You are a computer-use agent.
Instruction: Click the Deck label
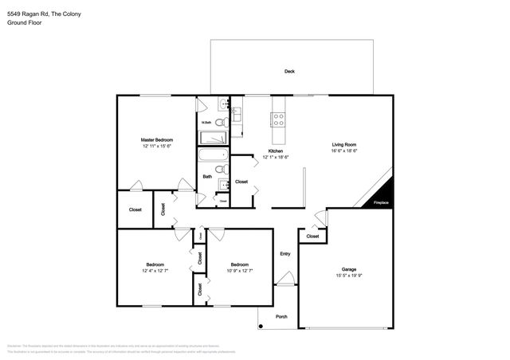click(x=289, y=72)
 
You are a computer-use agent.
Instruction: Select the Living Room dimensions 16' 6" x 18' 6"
click(x=344, y=151)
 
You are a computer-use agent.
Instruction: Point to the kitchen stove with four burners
click(x=279, y=119)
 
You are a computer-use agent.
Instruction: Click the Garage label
click(x=349, y=271)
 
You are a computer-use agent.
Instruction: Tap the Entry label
click(x=285, y=254)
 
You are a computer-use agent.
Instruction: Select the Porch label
click(x=281, y=316)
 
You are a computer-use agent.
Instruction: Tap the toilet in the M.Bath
click(x=220, y=123)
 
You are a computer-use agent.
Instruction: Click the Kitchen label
click(x=276, y=151)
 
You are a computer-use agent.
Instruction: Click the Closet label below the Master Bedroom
click(x=135, y=209)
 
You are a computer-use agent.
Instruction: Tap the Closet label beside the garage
click(x=312, y=236)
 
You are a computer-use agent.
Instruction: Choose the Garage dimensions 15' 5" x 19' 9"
click(x=349, y=277)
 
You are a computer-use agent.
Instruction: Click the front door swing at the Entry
click(x=284, y=279)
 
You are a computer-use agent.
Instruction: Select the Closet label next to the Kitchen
click(x=241, y=182)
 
